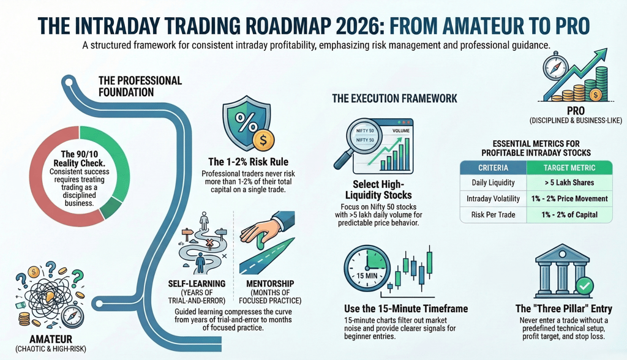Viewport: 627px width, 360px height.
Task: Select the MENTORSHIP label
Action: [269, 284]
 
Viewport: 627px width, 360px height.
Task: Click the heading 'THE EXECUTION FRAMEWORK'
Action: [394, 98]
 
